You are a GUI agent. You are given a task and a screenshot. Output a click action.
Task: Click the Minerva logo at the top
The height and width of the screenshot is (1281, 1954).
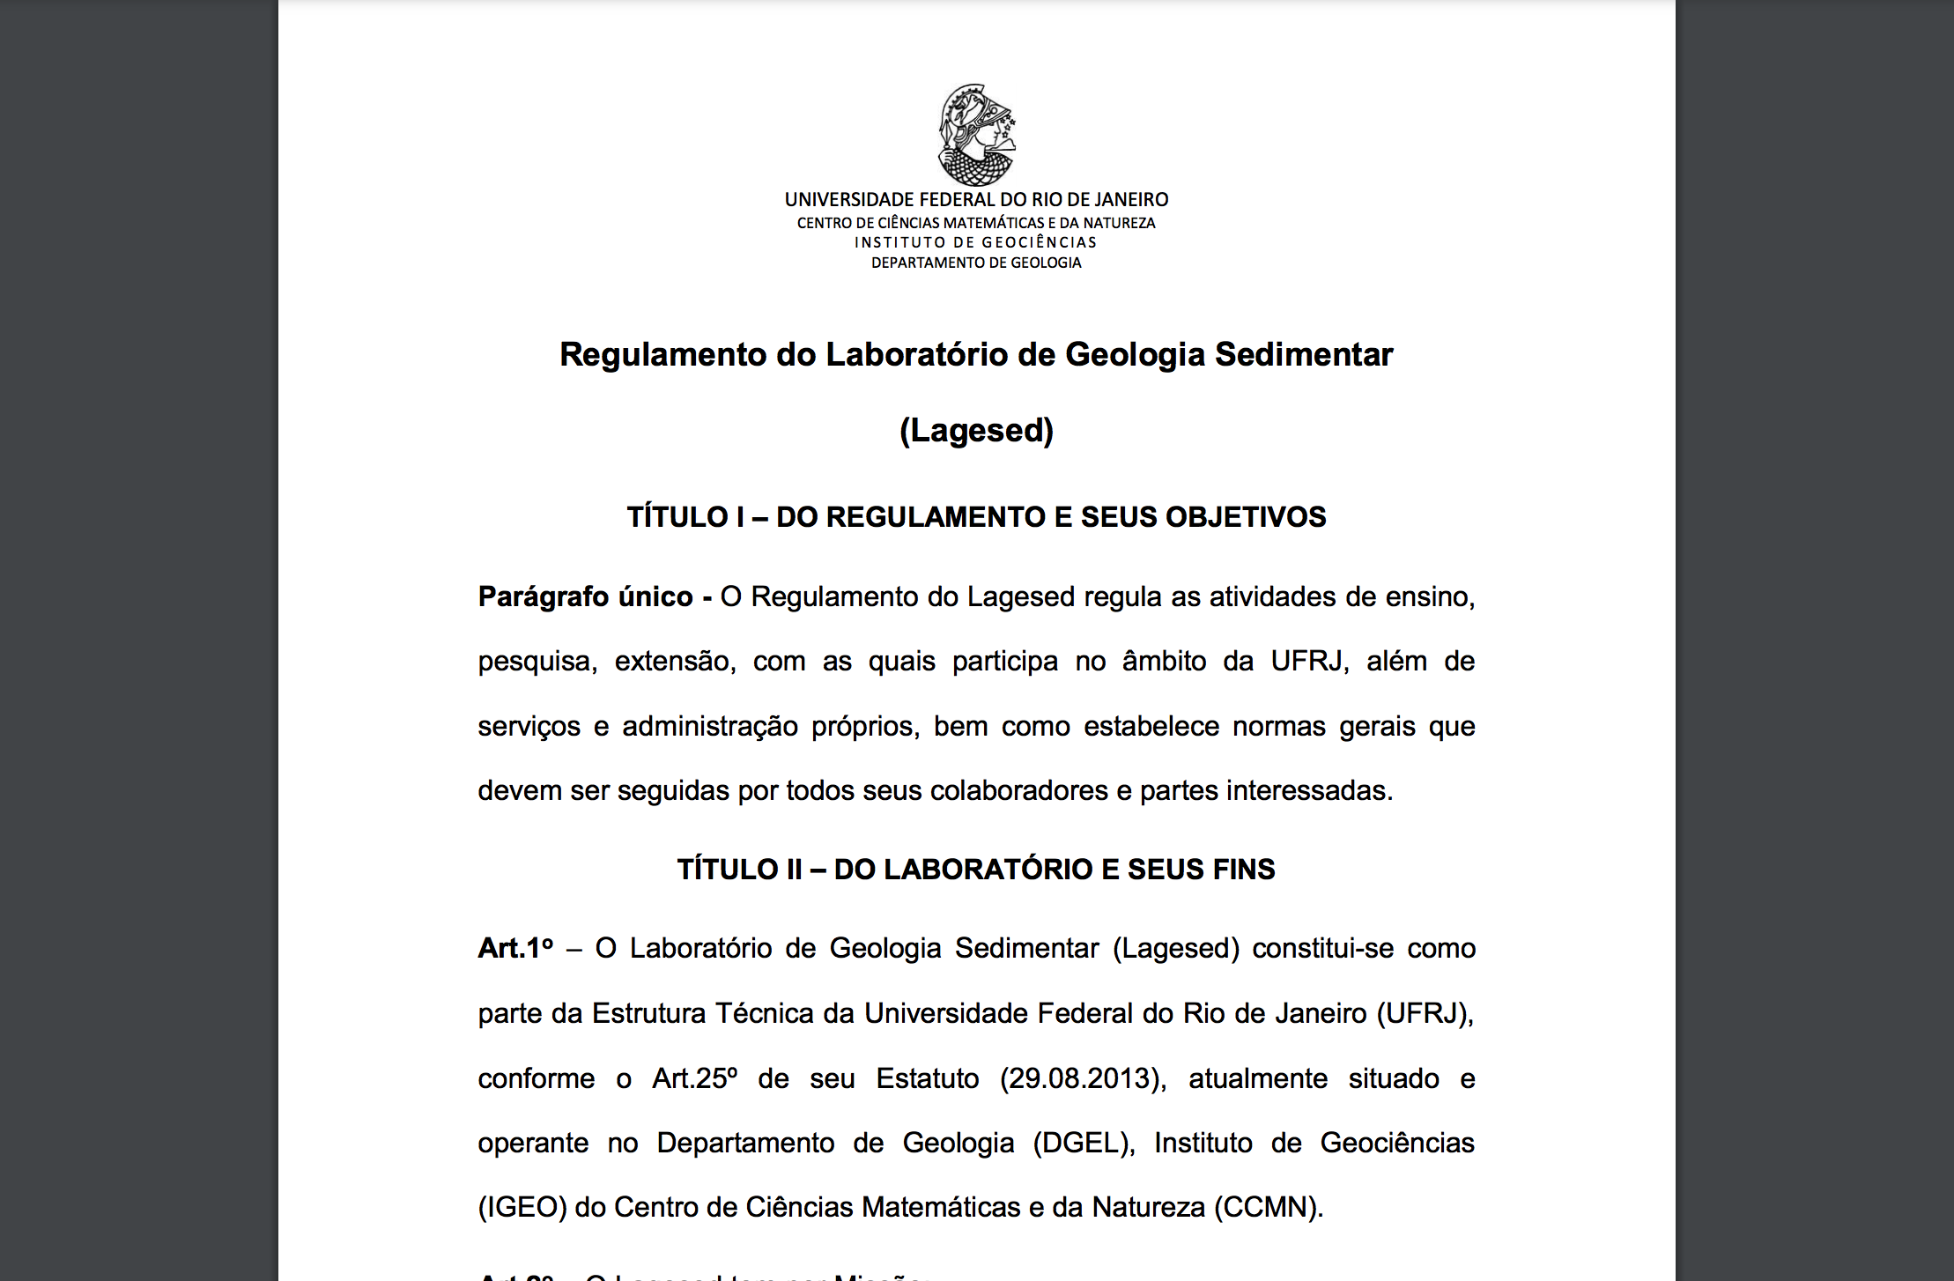[976, 134]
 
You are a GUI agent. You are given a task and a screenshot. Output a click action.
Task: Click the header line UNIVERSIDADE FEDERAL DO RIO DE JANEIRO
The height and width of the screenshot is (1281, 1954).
[976, 200]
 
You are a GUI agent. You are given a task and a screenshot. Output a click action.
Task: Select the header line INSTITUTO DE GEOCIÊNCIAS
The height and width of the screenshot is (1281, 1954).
[976, 242]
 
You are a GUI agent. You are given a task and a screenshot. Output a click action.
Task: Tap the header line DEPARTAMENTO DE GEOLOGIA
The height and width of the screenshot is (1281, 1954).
[976, 263]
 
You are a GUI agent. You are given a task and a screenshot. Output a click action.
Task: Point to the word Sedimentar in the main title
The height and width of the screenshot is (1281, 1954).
[1304, 355]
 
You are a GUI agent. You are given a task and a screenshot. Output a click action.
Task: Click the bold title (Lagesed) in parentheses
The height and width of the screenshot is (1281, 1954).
[976, 431]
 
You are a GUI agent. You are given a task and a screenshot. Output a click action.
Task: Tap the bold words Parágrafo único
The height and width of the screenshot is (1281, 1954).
[585, 597]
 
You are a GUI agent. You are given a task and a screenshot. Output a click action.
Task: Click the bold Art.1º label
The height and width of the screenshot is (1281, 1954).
[515, 949]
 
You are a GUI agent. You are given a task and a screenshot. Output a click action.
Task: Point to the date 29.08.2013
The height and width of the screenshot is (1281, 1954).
[1080, 1079]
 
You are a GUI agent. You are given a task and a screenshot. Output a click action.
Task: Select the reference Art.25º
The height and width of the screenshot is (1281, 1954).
[694, 1079]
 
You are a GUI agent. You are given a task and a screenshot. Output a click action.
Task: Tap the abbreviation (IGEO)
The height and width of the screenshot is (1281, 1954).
[522, 1208]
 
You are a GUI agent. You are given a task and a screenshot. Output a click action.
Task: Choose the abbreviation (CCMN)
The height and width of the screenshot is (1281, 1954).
[1268, 1208]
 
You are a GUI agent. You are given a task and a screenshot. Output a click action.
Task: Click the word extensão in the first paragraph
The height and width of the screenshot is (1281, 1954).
[675, 662]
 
